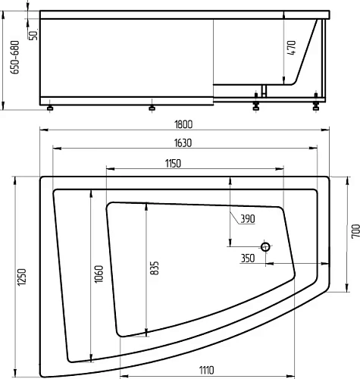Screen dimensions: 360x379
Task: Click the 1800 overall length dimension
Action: click(x=183, y=124)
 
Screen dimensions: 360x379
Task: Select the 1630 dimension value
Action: click(x=183, y=143)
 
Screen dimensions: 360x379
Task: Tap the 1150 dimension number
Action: click(x=173, y=164)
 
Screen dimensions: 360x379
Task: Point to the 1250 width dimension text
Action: click(x=22, y=277)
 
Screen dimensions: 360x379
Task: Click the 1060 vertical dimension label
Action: click(x=99, y=274)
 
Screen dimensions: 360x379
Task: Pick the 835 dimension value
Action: click(x=155, y=268)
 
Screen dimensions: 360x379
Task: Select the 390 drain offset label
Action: click(x=248, y=219)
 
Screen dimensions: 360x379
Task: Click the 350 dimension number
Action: click(x=248, y=258)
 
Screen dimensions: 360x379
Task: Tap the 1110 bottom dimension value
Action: click(x=206, y=370)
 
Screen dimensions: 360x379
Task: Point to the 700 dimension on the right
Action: click(x=355, y=230)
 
